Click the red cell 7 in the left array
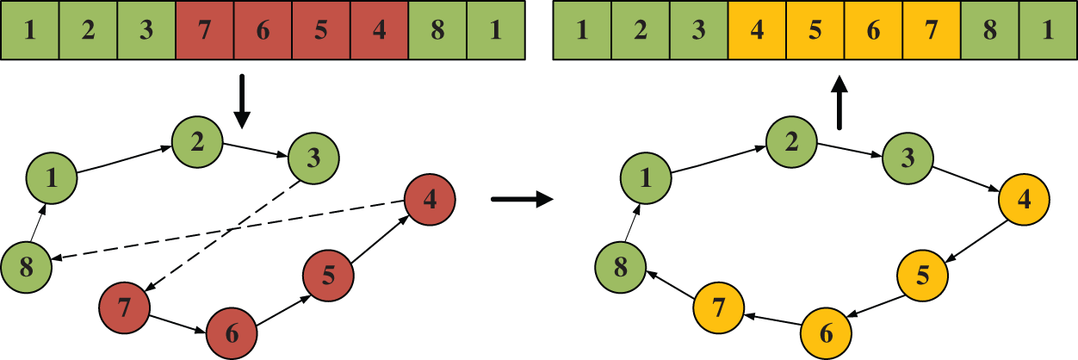click(205, 31)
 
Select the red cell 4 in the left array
click(379, 31)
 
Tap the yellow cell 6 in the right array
click(873, 31)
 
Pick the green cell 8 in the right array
click(989, 31)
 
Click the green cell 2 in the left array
click(88, 31)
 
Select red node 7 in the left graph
click(125, 306)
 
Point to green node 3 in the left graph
click(314, 158)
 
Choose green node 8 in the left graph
click(26, 268)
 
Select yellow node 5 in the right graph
click(923, 276)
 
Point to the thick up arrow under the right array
click(839, 102)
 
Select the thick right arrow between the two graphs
click(520, 200)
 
